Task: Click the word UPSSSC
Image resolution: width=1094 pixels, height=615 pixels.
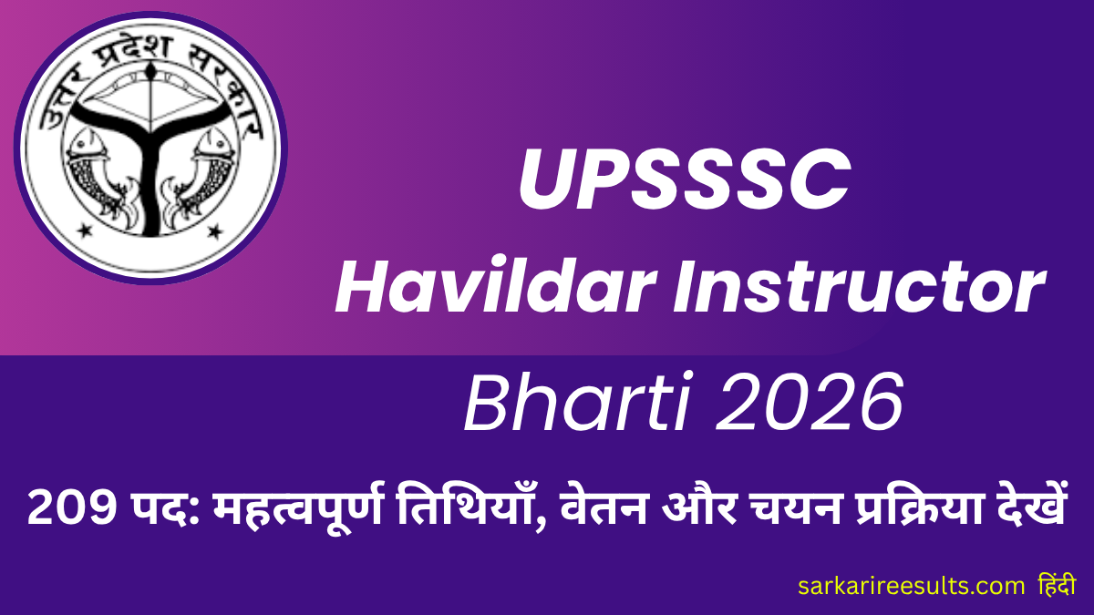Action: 684,179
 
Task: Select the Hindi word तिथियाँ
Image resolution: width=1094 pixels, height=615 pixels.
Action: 466,506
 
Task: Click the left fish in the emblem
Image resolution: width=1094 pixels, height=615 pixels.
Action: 94,163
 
